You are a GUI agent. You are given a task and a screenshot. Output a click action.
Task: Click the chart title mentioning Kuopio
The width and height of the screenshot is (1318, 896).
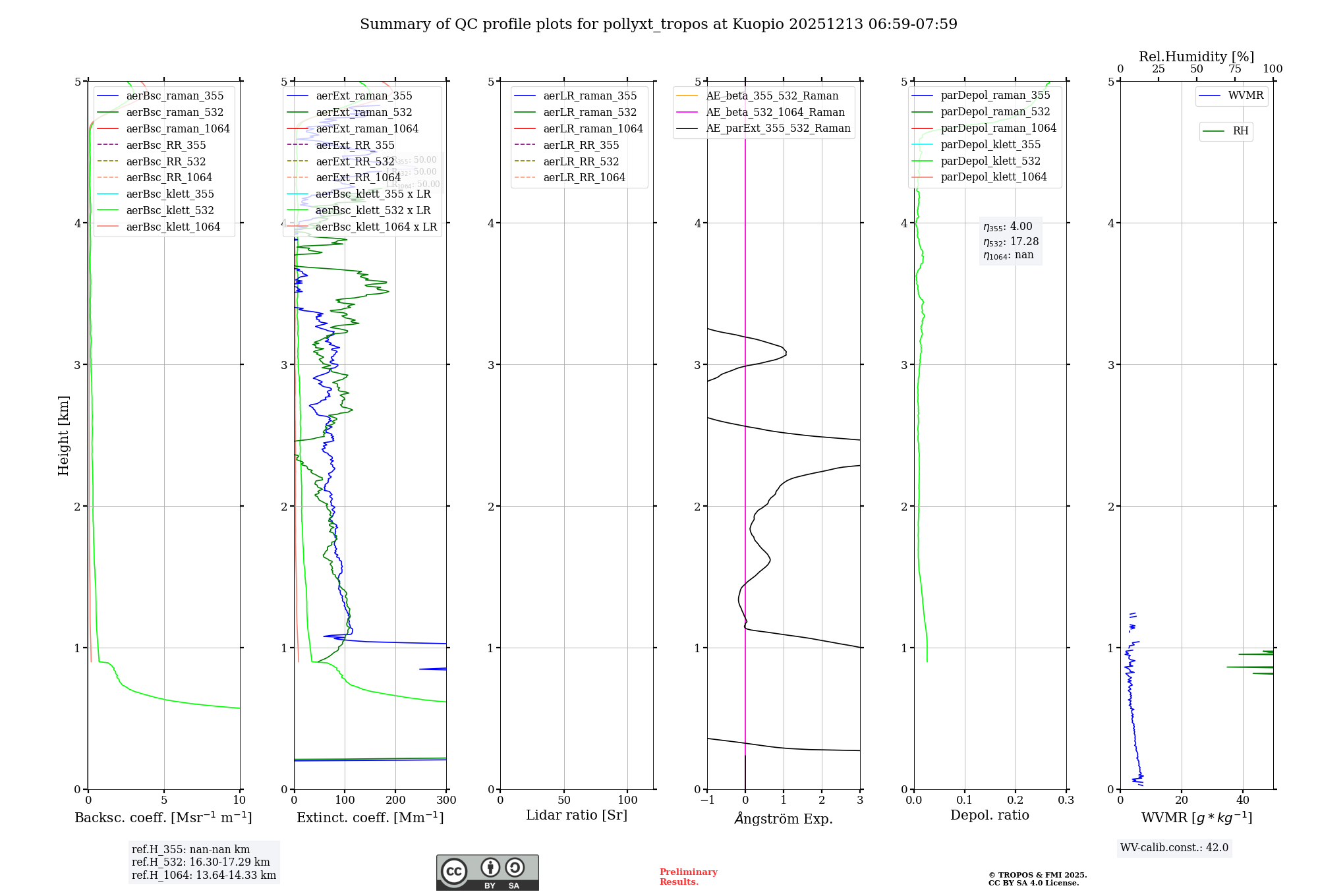click(x=658, y=24)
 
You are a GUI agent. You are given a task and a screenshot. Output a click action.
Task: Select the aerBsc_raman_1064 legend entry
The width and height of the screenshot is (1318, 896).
click(x=177, y=128)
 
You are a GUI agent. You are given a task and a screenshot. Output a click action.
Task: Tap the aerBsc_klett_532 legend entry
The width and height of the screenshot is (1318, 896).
click(x=169, y=210)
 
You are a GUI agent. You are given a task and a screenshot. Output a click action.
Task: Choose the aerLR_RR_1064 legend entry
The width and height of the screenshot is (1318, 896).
click(x=584, y=177)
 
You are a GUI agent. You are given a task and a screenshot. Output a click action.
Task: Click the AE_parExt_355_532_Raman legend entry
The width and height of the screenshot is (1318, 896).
click(x=778, y=128)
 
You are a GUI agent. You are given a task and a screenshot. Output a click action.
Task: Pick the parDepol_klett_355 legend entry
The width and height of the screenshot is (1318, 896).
click(x=990, y=144)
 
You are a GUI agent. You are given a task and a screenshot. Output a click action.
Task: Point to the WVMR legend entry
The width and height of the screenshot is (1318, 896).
click(x=1246, y=96)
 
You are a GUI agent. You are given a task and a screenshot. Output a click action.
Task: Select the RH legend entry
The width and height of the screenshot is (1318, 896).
click(x=1240, y=131)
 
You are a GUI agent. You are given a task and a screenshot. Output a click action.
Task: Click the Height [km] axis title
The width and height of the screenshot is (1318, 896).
click(x=63, y=435)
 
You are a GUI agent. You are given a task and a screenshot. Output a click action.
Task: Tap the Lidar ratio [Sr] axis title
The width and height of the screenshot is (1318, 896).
click(x=577, y=815)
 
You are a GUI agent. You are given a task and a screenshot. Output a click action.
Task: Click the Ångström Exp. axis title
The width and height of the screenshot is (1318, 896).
click(x=784, y=818)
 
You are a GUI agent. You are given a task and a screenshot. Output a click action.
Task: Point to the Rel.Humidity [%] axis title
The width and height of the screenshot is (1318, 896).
click(x=1196, y=57)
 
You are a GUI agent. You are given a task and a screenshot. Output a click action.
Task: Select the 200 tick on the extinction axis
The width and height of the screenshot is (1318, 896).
click(x=395, y=800)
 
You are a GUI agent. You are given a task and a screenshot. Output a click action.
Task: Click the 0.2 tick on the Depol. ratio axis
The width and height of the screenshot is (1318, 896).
click(x=1016, y=800)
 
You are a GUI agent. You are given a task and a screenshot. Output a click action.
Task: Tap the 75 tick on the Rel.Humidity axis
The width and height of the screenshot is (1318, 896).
click(x=1234, y=69)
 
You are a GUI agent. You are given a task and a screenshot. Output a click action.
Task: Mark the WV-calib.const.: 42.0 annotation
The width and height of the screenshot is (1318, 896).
click(x=1174, y=847)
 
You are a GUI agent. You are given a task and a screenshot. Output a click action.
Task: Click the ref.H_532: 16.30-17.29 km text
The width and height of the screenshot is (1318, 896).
click(x=201, y=862)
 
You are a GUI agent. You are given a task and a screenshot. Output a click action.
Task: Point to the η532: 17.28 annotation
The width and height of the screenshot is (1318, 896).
click(x=1011, y=242)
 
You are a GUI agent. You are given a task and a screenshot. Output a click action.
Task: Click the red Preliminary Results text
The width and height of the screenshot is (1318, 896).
click(x=688, y=876)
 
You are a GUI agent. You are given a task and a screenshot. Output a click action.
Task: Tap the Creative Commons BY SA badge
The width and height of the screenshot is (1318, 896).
click(x=487, y=872)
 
